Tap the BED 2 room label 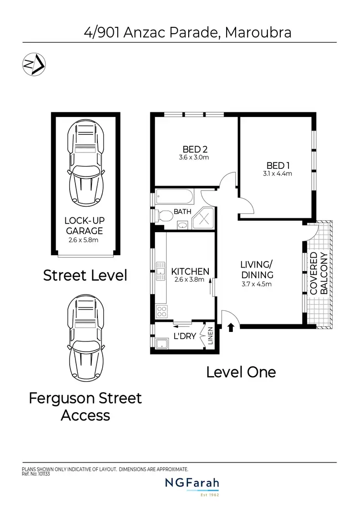195,149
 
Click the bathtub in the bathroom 175,198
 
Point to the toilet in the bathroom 164,216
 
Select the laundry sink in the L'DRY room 162,343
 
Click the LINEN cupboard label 210,336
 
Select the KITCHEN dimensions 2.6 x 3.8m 191,280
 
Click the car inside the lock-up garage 86,163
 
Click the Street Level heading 85,275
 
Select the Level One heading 241,372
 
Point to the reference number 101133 43,474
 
